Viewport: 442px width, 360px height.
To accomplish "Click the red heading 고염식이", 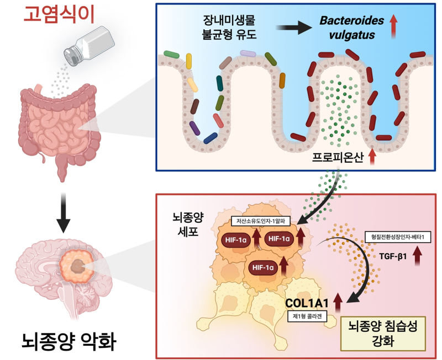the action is (59, 14).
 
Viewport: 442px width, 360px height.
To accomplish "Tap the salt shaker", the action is (89, 46).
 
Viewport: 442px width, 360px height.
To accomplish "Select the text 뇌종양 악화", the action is (70, 341).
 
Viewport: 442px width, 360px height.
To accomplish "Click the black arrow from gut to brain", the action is (64, 213).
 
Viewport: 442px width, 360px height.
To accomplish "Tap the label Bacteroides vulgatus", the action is (352, 28).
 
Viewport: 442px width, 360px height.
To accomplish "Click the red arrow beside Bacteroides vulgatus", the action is (393, 26).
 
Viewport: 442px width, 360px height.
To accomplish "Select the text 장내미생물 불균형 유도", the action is (229, 28).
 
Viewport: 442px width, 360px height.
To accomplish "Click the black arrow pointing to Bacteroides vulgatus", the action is (294, 28).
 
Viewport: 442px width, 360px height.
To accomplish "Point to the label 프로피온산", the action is (338, 157).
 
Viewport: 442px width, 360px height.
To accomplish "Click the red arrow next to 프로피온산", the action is (372, 157).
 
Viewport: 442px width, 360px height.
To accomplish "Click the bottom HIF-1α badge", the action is (263, 267).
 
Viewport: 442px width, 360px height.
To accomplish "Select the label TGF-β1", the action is (393, 256).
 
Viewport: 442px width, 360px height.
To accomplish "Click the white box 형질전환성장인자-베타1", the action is (398, 237).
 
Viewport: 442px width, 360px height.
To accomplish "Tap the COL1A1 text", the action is (307, 303).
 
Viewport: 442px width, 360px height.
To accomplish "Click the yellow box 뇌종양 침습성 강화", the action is (382, 334).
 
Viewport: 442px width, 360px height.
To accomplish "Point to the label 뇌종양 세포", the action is (188, 224).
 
